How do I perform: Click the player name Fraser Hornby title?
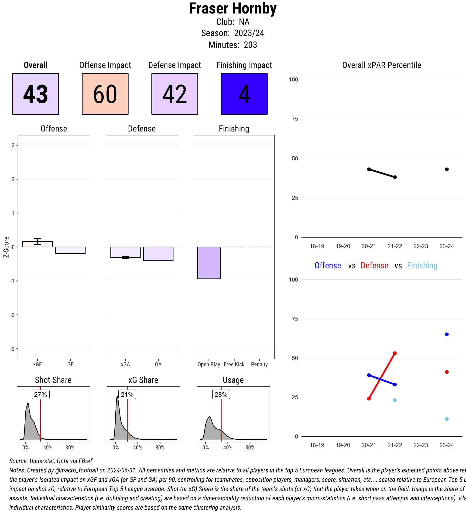pos(233,9)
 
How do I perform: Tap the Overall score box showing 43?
pos(36,94)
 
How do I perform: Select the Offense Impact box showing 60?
pos(105,94)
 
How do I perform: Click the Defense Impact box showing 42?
pos(175,94)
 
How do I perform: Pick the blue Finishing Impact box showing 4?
pos(244,94)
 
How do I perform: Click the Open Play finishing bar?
pos(209,263)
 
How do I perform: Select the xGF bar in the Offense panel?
pos(37,244)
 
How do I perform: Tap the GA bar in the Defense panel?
pos(158,254)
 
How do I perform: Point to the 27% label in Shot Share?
pos(40,394)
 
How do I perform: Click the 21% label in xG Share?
pos(127,394)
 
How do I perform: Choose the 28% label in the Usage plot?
pos(221,394)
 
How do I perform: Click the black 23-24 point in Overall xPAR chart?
pos(447,169)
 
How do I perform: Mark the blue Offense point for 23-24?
pos(447,334)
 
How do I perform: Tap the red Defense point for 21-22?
pos(395,353)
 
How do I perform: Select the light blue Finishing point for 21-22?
pos(395,400)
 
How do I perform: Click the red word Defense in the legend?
pos(374,265)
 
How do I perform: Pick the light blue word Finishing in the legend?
pos(422,265)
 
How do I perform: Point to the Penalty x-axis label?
pos(259,364)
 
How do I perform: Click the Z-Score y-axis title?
pos(6,247)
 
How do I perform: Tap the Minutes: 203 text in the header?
pos(233,45)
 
